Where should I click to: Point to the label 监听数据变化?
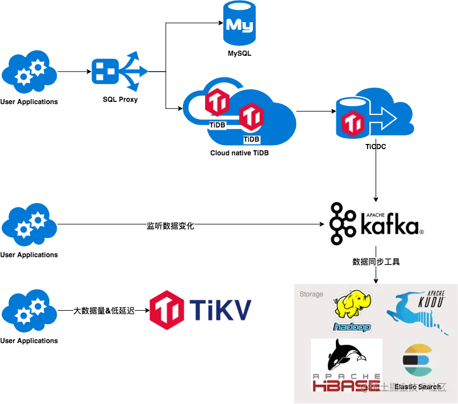[170, 226]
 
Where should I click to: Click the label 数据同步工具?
[376, 262]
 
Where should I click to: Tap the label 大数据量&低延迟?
[105, 311]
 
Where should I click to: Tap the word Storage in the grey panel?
[311, 294]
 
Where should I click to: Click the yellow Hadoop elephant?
[352, 307]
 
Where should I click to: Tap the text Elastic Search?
[417, 387]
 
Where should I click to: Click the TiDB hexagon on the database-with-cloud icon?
[352, 123]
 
